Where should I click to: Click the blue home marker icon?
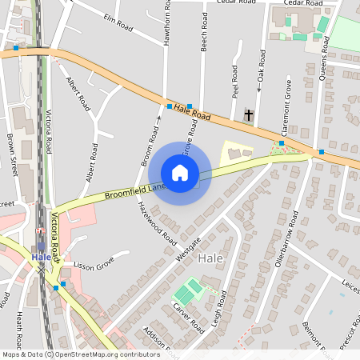(180, 173)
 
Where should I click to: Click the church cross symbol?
(249, 115)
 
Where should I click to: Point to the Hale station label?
(41, 257)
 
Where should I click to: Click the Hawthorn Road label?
(167, 23)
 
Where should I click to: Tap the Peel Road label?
(235, 82)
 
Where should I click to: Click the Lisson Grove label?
(90, 265)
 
